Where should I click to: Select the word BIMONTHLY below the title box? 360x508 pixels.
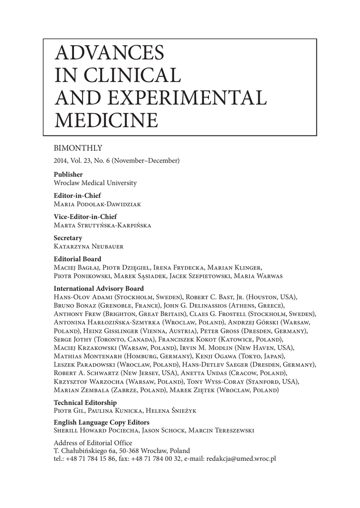[x=77, y=147]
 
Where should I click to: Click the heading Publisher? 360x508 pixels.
[x=68, y=175]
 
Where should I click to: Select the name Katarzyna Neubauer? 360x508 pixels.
[x=89, y=246]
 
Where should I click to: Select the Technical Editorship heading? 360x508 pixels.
[x=85, y=403]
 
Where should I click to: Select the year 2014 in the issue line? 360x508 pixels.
[x=60, y=160]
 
